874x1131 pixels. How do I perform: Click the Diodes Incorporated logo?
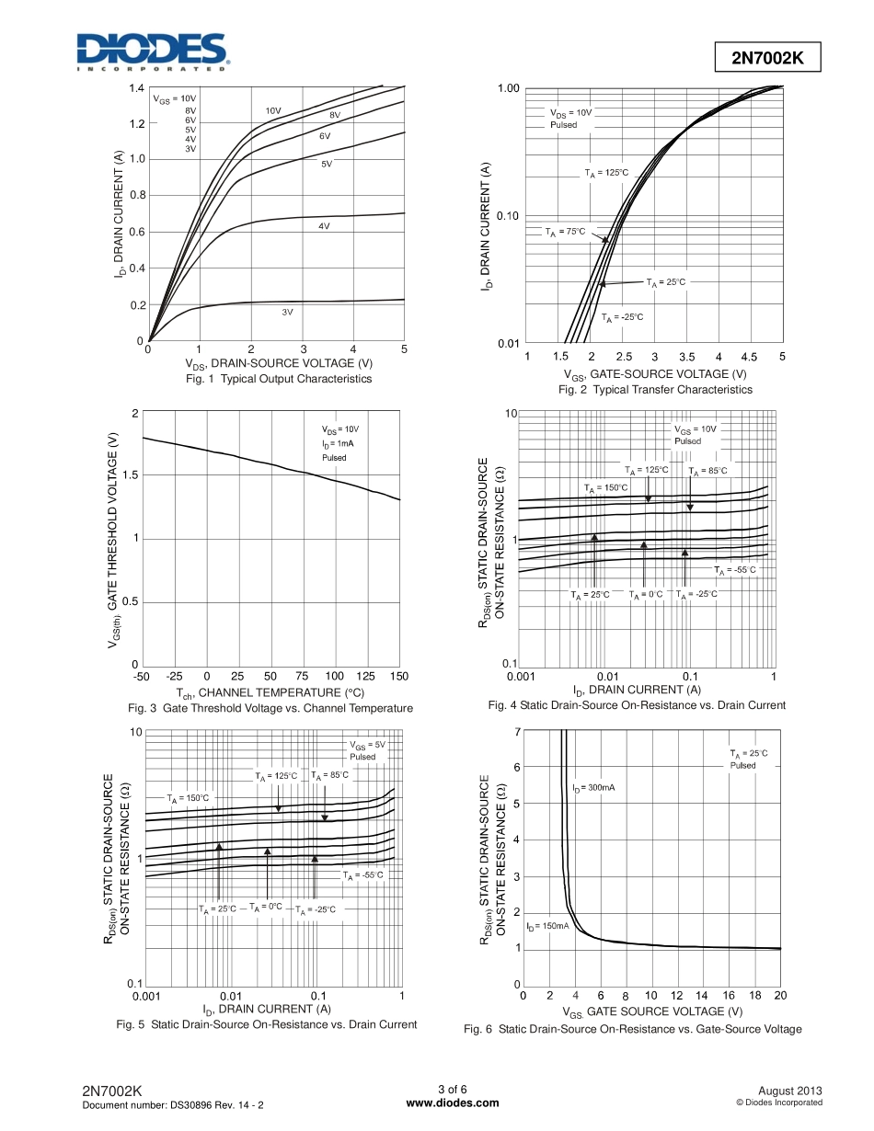tap(151, 52)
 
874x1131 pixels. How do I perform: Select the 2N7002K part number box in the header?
tap(767, 58)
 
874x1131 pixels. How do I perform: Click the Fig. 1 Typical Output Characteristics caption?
tap(279, 379)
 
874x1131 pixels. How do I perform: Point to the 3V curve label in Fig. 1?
tap(287, 313)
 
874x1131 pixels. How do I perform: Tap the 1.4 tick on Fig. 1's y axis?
tap(136, 88)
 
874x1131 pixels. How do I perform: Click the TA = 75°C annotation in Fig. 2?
tap(565, 232)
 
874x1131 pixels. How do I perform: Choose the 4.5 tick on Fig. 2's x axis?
tap(749, 357)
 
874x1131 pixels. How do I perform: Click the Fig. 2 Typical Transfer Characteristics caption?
tap(655, 390)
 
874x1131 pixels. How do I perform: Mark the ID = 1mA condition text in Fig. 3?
tap(338, 443)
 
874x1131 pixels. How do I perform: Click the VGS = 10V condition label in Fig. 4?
tap(695, 428)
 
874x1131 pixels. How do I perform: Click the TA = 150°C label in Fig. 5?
tap(188, 797)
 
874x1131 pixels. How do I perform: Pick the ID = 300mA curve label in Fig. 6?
tap(596, 788)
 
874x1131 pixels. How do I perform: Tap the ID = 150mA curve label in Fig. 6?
tap(547, 926)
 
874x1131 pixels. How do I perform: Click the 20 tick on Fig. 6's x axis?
tap(780, 996)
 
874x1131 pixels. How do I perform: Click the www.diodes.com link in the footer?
tap(452, 1103)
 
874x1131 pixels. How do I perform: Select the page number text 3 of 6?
tap(452, 1091)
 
